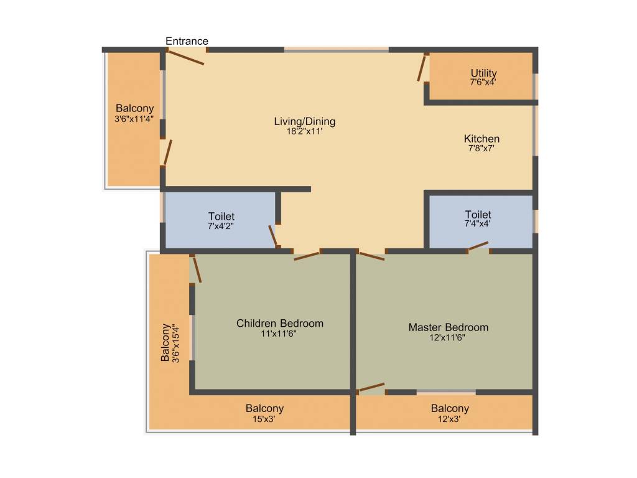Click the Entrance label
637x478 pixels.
click(x=187, y=42)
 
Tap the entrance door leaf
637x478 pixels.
click(x=187, y=57)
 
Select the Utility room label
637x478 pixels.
click(x=483, y=73)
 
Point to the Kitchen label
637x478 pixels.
click(x=481, y=139)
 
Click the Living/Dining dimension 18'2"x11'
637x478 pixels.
click(x=305, y=131)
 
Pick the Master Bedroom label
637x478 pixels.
click(x=448, y=327)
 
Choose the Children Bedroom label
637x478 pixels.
click(x=280, y=324)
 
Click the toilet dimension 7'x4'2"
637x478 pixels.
click(x=221, y=227)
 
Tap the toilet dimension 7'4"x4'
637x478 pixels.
click(x=478, y=223)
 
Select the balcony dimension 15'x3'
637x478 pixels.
click(x=264, y=419)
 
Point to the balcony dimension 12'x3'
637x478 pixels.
click(x=450, y=419)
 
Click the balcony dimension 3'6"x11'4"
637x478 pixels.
click(x=134, y=118)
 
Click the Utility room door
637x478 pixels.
click(x=423, y=68)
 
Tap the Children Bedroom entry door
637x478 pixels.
click(x=307, y=255)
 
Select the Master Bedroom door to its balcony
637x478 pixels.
click(x=372, y=388)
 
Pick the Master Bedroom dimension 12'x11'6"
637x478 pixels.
click(x=448, y=337)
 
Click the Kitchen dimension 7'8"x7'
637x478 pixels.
click(x=481, y=149)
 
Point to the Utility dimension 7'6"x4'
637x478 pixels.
click(x=483, y=82)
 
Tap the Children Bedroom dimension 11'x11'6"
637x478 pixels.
click(x=280, y=334)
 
